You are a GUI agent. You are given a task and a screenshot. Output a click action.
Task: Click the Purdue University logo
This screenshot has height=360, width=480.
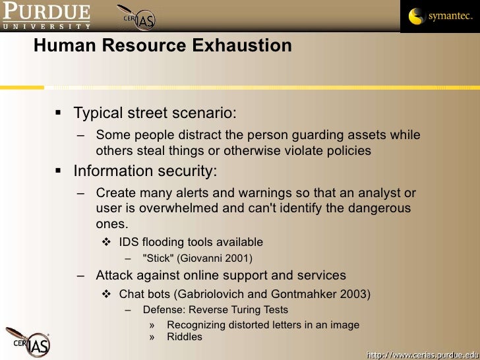46,16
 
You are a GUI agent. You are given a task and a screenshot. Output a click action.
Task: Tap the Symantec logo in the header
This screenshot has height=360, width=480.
440,16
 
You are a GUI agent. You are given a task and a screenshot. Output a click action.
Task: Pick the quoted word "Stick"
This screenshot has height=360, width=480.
158,258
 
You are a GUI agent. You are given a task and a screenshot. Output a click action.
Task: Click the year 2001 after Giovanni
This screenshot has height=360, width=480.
238,258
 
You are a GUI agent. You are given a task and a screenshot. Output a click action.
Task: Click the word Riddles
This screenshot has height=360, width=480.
185,337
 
